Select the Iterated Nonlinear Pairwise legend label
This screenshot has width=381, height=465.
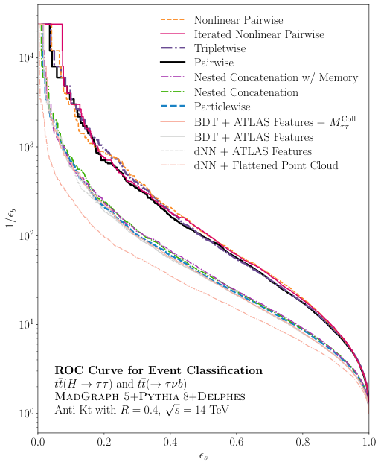coord(258,33)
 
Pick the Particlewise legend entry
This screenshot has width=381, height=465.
coord(225,107)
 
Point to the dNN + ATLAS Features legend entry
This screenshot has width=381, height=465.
coord(247,151)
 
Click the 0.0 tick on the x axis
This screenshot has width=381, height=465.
coord(39,441)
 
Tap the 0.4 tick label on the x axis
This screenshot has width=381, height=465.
coord(170,441)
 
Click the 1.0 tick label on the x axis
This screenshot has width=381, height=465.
coord(368,441)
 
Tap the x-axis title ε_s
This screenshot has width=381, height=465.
coord(204,456)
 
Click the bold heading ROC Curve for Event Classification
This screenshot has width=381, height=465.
coord(159,370)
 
